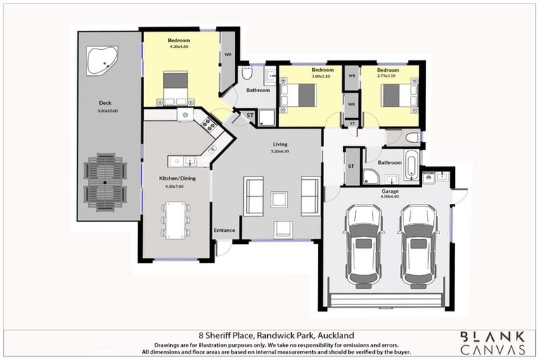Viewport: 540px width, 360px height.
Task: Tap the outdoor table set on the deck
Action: click(105, 182)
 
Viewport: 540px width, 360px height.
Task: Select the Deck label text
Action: click(104, 103)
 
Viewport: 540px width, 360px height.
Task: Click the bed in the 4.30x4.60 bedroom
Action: click(176, 89)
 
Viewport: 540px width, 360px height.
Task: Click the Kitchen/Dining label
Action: click(177, 179)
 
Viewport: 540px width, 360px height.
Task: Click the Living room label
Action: click(280, 145)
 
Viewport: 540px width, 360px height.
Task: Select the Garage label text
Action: click(390, 191)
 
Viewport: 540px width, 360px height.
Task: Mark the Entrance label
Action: click(224, 230)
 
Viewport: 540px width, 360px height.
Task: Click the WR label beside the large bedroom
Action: click(228, 54)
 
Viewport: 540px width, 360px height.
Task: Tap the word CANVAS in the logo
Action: click(492, 349)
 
